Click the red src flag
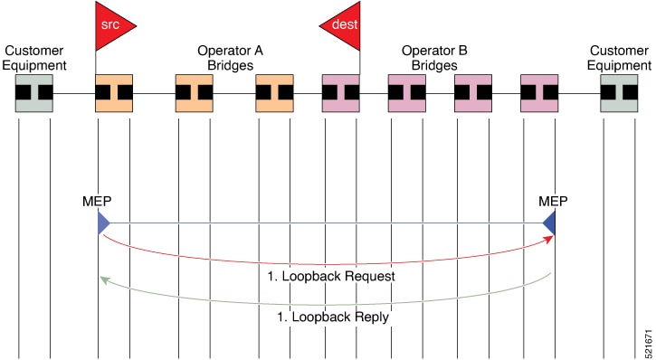point(111,26)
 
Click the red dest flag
point(344,26)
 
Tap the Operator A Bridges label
point(230,58)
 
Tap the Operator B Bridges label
point(434,58)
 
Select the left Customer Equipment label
point(34,58)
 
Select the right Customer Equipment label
point(619,58)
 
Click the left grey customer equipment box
point(34,93)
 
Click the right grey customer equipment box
point(619,93)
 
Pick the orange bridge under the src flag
point(114,93)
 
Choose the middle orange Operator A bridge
point(195,93)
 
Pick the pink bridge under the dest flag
point(340,93)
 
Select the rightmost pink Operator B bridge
point(539,93)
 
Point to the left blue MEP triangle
point(103,223)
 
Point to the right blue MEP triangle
point(550,223)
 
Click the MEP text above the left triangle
point(97,202)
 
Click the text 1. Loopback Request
point(331,277)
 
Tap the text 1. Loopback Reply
point(333,317)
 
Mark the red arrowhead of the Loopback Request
point(549,239)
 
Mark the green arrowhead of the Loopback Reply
point(105,280)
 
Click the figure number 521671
point(649,342)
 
